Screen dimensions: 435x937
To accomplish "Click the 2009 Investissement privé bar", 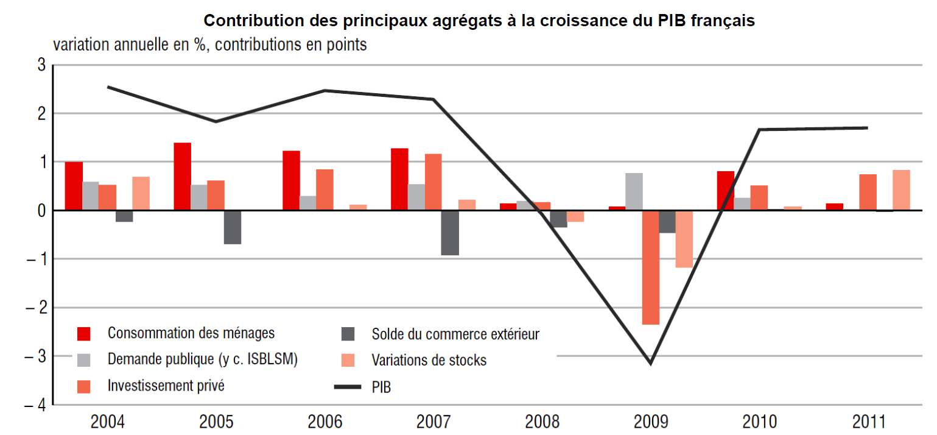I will coord(650,267).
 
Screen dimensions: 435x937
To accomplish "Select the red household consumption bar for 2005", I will coord(182,177).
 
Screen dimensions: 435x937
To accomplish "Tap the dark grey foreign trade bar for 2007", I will coord(450,233).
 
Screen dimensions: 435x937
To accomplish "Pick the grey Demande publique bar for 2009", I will coord(633,192).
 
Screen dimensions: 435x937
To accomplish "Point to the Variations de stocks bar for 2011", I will coord(901,190).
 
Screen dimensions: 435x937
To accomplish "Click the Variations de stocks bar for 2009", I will coord(684,239).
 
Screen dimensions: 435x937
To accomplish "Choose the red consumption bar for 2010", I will coord(725,191).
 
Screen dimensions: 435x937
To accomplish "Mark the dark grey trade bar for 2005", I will coord(232,227).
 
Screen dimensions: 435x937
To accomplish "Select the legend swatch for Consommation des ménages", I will coord(84,334).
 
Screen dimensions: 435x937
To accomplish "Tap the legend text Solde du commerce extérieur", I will coord(455,334).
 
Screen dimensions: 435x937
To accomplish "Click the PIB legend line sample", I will coord(347,386).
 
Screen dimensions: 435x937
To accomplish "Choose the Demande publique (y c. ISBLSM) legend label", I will coord(203,359).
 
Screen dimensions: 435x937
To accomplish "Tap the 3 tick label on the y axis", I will coord(41,65).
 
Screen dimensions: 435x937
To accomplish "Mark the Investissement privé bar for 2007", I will coord(433,182).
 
